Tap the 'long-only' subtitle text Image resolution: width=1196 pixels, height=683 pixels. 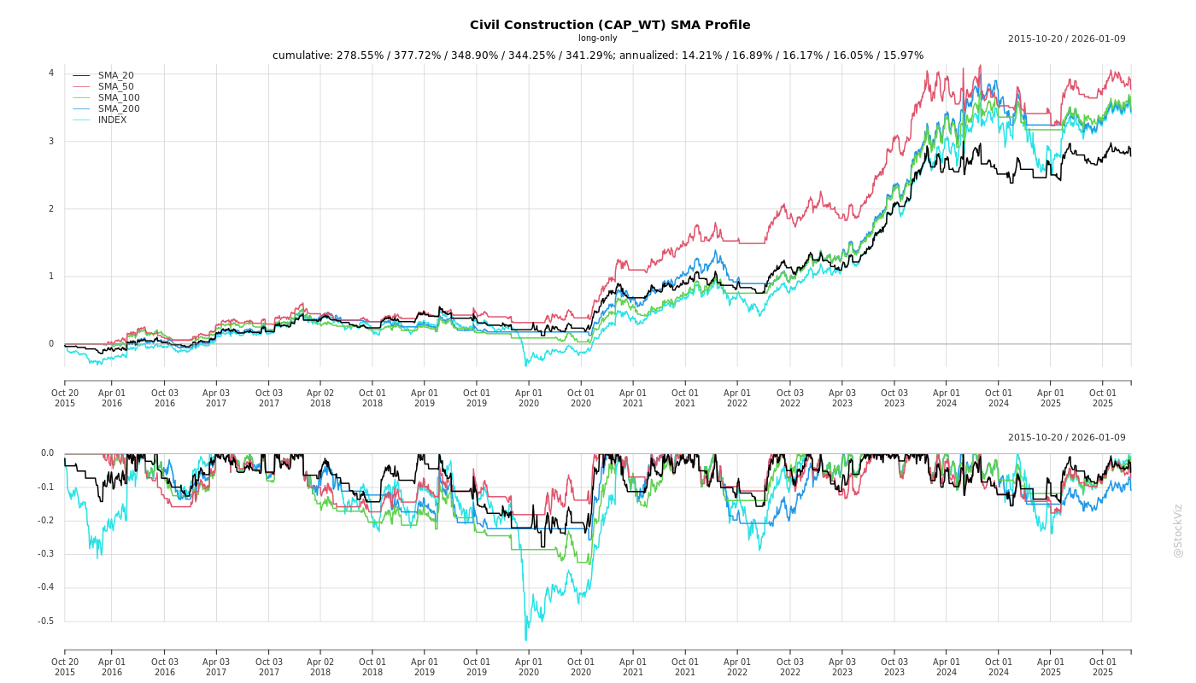[x=598, y=38]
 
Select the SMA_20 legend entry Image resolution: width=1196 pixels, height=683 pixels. [x=115, y=76]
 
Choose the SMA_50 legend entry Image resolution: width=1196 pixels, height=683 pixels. [x=115, y=87]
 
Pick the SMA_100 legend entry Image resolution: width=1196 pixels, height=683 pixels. [x=118, y=98]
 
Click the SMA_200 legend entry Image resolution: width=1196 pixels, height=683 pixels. [x=118, y=109]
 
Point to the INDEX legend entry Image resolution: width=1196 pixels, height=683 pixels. [x=112, y=120]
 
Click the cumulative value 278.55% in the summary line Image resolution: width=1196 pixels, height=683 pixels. [x=358, y=55]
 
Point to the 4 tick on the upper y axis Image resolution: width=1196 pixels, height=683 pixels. [x=51, y=73]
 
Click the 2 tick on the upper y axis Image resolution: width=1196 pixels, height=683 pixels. [x=51, y=209]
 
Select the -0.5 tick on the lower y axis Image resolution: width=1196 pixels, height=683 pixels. [x=45, y=622]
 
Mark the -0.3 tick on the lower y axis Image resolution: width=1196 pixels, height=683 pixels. [x=45, y=554]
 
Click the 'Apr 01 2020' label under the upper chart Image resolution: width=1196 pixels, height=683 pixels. [x=529, y=398]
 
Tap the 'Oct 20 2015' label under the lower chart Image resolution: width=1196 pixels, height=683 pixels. [x=65, y=667]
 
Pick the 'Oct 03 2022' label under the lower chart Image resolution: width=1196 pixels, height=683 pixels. [x=789, y=667]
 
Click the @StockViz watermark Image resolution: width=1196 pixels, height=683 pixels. [x=1178, y=530]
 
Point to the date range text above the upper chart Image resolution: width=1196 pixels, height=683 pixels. [x=1066, y=38]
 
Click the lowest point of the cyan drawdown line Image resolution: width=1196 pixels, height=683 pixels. [x=525, y=640]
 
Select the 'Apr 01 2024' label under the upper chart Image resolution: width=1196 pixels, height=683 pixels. [x=947, y=398]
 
